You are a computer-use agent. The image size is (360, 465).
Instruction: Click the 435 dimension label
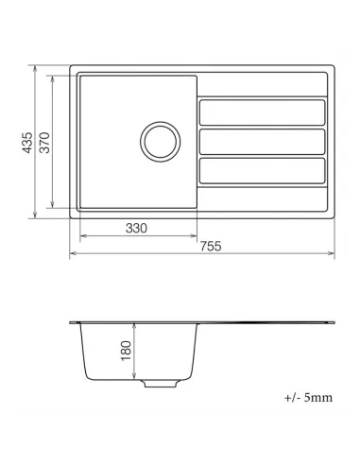point(29,143)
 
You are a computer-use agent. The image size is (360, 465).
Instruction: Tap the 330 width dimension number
point(138,229)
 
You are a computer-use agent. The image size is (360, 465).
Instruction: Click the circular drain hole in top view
point(159,142)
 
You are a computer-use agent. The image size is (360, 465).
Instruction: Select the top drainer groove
point(263,112)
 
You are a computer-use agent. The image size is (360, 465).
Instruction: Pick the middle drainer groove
point(263,142)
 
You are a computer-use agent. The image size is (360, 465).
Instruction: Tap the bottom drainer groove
point(263,171)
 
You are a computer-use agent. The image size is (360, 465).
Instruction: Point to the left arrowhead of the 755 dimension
point(73,254)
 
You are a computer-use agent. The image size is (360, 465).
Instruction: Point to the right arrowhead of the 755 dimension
point(332,254)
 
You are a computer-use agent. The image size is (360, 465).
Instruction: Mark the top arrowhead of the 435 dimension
point(35,68)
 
